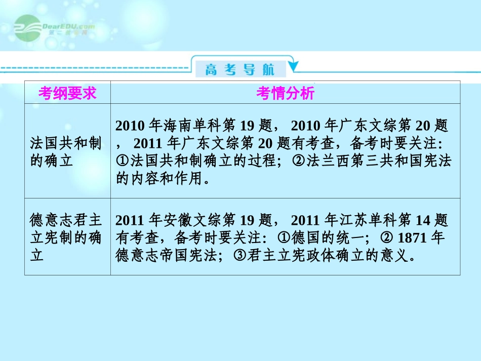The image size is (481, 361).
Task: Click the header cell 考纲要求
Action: [67, 93]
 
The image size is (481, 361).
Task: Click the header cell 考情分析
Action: [285, 93]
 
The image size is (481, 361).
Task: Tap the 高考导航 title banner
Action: [239, 69]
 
